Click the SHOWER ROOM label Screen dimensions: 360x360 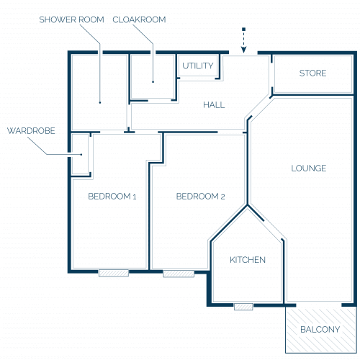71,19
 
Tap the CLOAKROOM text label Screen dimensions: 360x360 139,19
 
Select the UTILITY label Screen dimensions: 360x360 198,66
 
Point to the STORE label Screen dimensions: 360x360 312,73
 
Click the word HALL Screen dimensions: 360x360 214,105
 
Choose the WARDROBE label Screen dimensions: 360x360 31,131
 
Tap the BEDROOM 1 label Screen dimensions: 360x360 112,197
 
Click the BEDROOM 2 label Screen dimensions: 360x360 200,197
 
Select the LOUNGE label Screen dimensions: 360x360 309,168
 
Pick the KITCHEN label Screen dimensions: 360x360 248,260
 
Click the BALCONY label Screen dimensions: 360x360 320,330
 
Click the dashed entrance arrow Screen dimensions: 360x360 243,40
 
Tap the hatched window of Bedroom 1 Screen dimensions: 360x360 114,273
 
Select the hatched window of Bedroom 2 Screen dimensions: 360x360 179,274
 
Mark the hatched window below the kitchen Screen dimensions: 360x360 243,307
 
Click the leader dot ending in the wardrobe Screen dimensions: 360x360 81,155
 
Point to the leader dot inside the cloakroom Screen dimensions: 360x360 153,82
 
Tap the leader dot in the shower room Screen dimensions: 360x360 100,103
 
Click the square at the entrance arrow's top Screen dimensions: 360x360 243,30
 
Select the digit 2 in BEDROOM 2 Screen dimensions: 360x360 222,197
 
